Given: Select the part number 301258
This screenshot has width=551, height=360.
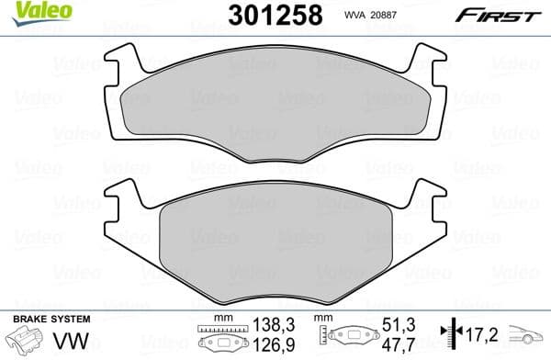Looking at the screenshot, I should pyautogui.click(x=267, y=16).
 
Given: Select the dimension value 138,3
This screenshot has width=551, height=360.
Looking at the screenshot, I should pyautogui.click(x=275, y=324).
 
